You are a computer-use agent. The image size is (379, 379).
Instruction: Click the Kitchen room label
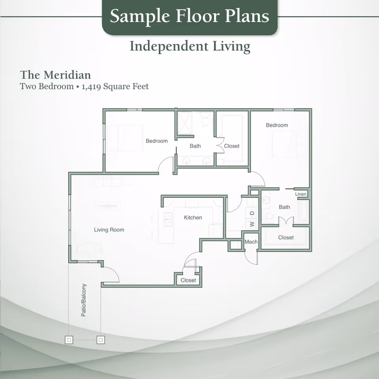pyautogui.click(x=193, y=218)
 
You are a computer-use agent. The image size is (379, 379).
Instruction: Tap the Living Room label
pyautogui.click(x=109, y=230)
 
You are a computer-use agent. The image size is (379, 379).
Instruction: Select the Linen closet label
pyautogui.click(x=300, y=194)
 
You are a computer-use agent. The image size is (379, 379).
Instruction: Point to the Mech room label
pyautogui.click(x=251, y=242)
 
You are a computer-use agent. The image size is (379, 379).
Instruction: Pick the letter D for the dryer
pyautogui.click(x=252, y=214)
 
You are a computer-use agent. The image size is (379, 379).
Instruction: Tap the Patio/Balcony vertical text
pyautogui.click(x=84, y=300)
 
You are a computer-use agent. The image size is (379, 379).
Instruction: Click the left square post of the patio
pyautogui.click(x=69, y=340)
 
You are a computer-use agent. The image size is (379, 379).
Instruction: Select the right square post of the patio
pyautogui.click(x=101, y=340)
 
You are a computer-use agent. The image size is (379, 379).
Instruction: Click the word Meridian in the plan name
pyautogui.click(x=67, y=75)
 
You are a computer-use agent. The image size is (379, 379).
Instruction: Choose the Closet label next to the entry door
pyautogui.click(x=188, y=280)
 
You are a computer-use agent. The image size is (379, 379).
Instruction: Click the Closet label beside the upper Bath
pyautogui.click(x=232, y=146)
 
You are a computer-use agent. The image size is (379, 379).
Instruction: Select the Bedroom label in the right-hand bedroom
pyautogui.click(x=277, y=125)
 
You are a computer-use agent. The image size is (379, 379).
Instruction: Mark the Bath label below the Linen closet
pyautogui.click(x=284, y=207)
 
